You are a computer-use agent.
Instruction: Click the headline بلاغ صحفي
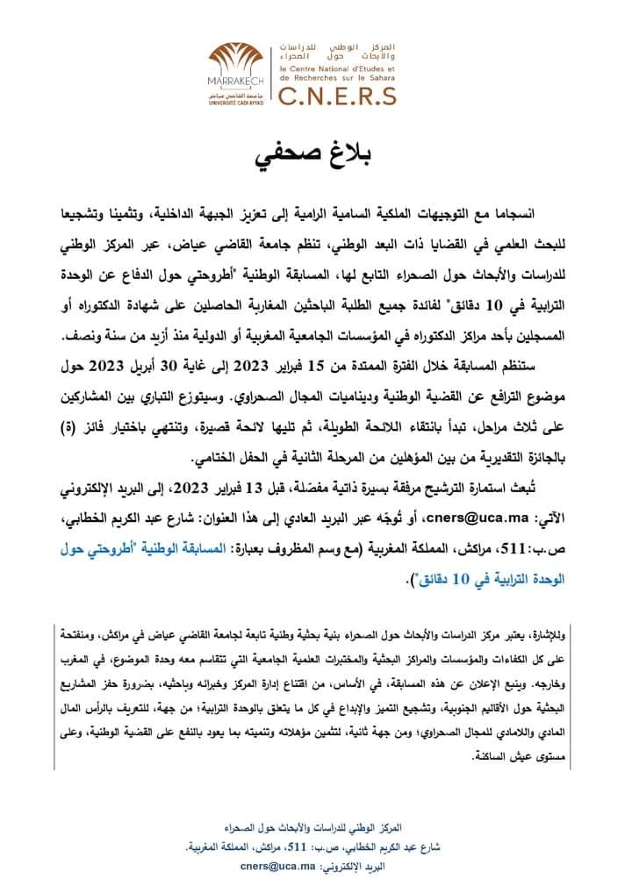(316, 158)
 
